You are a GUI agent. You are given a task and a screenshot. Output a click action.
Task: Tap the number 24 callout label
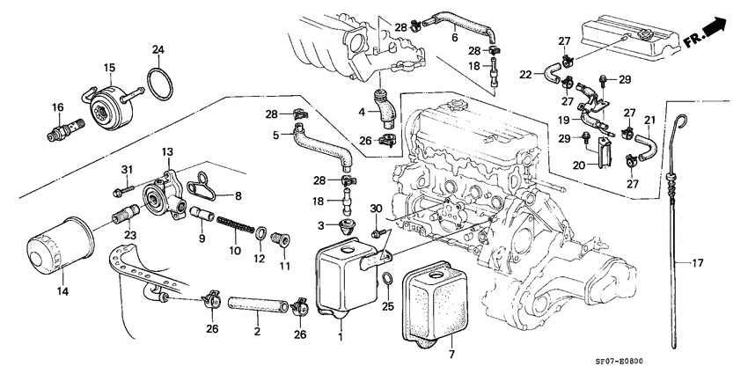pyautogui.click(x=158, y=49)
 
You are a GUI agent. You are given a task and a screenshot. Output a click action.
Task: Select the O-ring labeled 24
pyautogui.click(x=158, y=83)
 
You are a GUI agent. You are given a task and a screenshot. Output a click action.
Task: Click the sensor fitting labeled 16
pyautogui.click(x=63, y=132)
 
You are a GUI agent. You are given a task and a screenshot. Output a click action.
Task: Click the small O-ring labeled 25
pyautogui.click(x=387, y=281)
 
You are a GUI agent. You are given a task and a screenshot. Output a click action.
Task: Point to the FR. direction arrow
pyautogui.click(x=711, y=33)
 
